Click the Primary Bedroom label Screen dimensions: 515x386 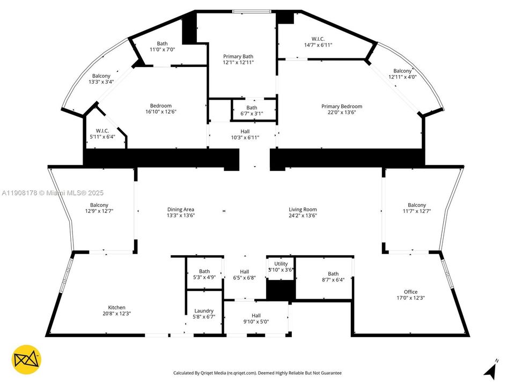(x=342, y=106)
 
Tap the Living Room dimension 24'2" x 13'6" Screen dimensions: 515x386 (x=303, y=216)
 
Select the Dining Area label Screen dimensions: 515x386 (x=181, y=210)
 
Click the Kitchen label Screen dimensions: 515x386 (x=116, y=308)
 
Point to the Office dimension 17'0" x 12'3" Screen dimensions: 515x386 (x=410, y=298)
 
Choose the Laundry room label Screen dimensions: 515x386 (x=204, y=311)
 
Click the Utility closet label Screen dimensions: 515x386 (x=281, y=264)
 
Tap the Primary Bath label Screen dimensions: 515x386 (x=238, y=56)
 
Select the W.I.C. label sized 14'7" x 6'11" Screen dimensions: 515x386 (x=318, y=39)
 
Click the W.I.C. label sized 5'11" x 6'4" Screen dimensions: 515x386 (x=102, y=131)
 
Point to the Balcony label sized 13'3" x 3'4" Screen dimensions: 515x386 (x=101, y=76)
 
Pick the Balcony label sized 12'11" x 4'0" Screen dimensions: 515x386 (x=402, y=71)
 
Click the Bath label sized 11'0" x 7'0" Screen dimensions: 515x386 (x=162, y=43)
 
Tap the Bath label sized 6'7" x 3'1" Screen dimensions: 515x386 (x=252, y=108)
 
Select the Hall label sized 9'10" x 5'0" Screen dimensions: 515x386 (x=256, y=316)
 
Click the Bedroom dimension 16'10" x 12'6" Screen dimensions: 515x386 (x=161, y=112)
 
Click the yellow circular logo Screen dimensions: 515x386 (x=26, y=359)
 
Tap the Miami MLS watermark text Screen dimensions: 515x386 (x=53, y=193)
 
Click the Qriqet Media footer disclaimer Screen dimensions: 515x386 (x=257, y=373)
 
